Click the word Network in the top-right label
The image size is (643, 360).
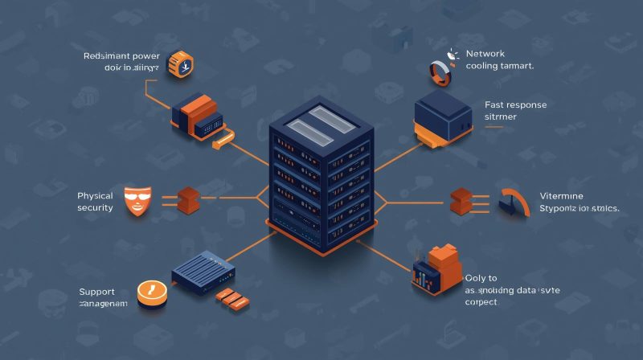pyautogui.click(x=487, y=54)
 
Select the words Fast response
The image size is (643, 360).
pyautogui.click(x=514, y=104)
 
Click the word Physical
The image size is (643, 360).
pyautogui.click(x=95, y=195)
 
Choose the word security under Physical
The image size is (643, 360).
pyautogui.click(x=95, y=208)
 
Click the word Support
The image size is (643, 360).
pyautogui.click(x=96, y=290)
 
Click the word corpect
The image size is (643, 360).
pyautogui.click(x=481, y=303)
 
